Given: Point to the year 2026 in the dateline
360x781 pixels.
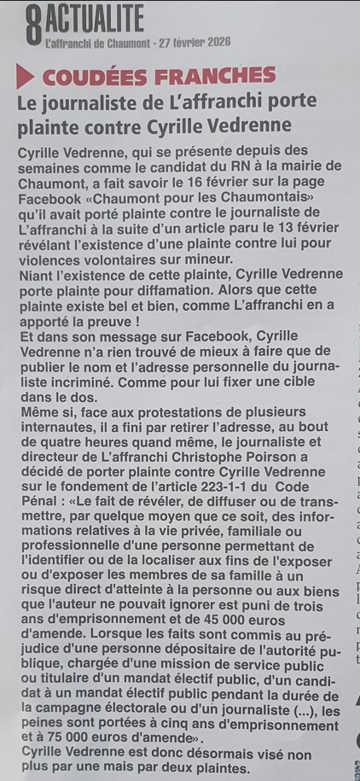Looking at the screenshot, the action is tap(217, 42).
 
